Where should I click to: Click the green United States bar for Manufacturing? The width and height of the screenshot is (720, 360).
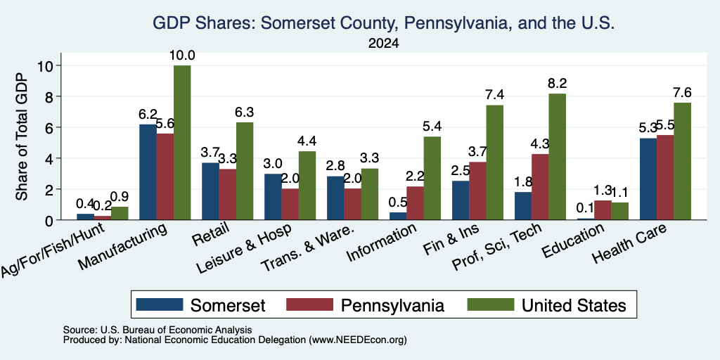click(x=182, y=142)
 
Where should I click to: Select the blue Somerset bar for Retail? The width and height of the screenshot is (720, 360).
click(x=210, y=191)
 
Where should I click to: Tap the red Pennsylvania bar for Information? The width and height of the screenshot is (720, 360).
click(x=415, y=203)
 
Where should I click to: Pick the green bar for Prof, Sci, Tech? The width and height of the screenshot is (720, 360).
click(x=558, y=157)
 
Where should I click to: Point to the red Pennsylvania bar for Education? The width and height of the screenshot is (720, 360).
click(x=603, y=210)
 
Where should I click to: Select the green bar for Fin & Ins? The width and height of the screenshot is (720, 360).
click(x=495, y=162)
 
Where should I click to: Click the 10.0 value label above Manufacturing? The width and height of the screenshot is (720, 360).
click(x=182, y=56)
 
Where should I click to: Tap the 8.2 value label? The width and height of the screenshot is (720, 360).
click(x=558, y=84)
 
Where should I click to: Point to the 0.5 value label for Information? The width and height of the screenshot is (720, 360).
click(x=398, y=202)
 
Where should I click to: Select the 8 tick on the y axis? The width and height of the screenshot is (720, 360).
click(x=50, y=96)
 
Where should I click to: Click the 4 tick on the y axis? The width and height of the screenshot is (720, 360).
click(x=50, y=158)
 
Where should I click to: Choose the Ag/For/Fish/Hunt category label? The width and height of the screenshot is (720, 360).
click(x=55, y=250)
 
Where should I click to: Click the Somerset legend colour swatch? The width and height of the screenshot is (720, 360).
click(x=160, y=304)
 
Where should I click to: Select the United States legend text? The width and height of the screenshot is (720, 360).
click(x=574, y=305)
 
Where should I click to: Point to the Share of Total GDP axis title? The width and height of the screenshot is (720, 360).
click(x=22, y=136)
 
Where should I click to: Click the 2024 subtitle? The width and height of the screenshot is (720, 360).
click(x=383, y=44)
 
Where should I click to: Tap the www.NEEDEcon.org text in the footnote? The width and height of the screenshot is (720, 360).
click(x=358, y=340)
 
